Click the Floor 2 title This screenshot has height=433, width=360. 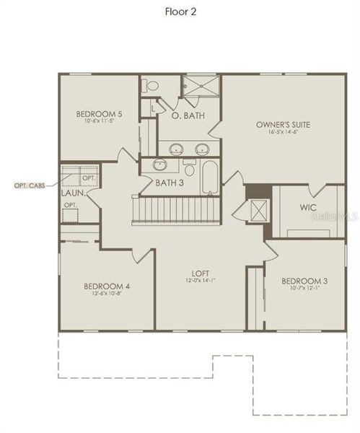point(180,12)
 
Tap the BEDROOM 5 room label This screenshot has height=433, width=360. point(98,113)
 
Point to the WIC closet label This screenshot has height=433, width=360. point(309,208)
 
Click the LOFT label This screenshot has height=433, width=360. point(200,274)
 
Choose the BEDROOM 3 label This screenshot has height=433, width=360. point(299,281)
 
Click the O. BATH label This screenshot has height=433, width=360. point(186,115)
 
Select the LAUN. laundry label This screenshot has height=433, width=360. point(74,193)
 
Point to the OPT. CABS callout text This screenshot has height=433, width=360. point(30,185)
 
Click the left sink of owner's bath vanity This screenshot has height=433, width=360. point(175,149)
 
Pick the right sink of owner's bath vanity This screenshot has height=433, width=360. point(201,149)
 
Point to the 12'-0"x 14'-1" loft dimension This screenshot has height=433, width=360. point(200,281)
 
